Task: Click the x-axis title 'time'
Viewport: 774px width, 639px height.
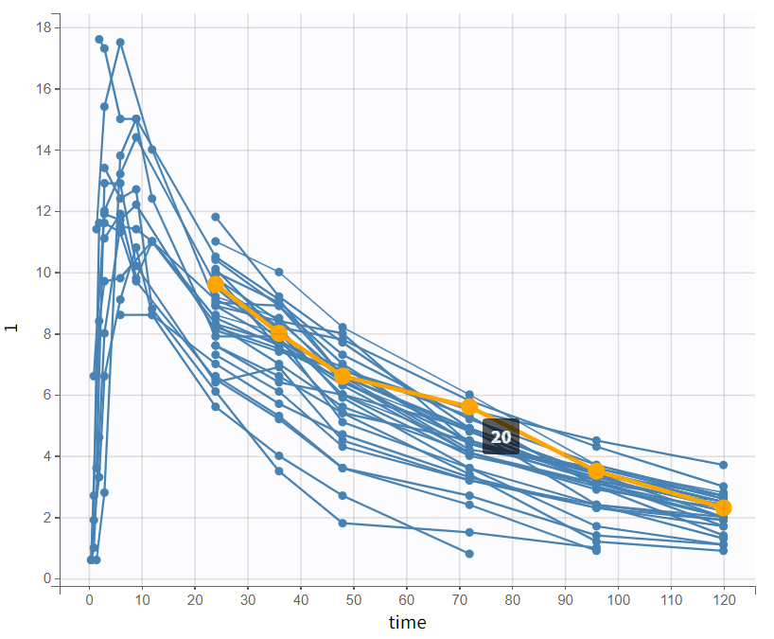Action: point(407,622)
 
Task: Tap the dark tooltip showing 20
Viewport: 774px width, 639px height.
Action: point(501,436)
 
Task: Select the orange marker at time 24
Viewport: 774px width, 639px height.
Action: point(216,284)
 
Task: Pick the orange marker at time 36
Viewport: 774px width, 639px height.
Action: point(279,333)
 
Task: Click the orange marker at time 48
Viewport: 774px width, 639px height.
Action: point(343,376)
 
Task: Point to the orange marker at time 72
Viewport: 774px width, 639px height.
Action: point(469,407)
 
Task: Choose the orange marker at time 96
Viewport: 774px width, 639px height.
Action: point(596,470)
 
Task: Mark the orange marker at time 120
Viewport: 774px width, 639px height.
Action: point(723,508)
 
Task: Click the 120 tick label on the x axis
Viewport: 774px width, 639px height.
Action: point(723,600)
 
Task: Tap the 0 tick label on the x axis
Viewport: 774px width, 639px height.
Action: point(89,600)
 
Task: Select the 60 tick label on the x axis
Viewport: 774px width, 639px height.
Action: point(406,600)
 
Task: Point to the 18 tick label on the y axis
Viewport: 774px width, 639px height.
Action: point(43,27)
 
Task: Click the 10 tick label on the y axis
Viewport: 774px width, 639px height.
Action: point(43,273)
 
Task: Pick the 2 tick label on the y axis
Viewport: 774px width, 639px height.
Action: point(45,518)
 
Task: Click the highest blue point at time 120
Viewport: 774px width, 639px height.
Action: point(723,465)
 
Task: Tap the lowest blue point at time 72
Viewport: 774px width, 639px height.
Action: point(469,553)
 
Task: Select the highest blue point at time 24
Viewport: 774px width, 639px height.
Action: point(216,217)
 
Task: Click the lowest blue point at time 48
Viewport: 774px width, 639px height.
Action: point(343,523)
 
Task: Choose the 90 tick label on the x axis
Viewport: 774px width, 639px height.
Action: point(565,600)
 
